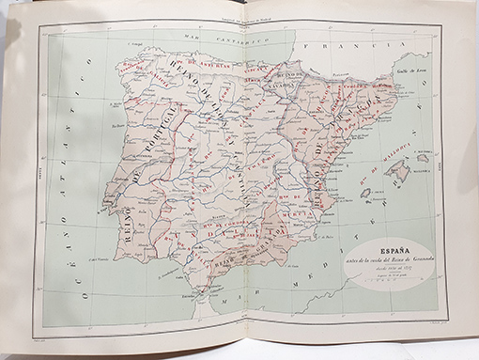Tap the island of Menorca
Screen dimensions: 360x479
pos(424,157)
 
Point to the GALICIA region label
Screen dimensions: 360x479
pos(142,79)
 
